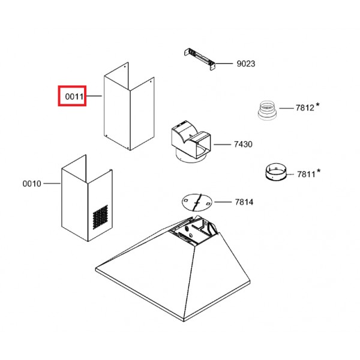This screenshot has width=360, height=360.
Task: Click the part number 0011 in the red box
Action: [74, 97]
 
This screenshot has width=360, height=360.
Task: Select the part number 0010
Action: [32, 184]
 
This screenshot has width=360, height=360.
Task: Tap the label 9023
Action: [246, 64]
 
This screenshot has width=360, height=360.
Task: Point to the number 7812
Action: [305, 107]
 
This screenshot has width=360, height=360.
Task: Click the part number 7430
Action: [243, 144]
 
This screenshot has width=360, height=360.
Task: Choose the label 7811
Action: [306, 174]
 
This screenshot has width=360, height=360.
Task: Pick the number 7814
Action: [244, 202]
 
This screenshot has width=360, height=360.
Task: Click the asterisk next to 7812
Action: [317, 105]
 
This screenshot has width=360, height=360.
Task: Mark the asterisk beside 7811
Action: [319, 171]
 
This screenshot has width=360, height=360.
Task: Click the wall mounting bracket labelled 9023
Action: [200, 59]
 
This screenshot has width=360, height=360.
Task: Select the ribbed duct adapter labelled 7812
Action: [267, 110]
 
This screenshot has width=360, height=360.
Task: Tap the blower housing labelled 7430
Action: [191, 142]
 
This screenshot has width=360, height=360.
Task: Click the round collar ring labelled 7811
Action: [276, 172]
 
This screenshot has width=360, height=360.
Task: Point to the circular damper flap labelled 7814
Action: [197, 202]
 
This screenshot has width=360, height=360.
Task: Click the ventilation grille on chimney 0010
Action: [100, 217]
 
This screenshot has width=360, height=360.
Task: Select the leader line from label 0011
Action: [94, 96]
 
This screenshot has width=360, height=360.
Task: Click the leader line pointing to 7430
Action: [222, 145]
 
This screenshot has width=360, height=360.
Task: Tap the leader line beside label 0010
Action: [52, 184]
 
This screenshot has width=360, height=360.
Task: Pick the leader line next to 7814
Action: [223, 202]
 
